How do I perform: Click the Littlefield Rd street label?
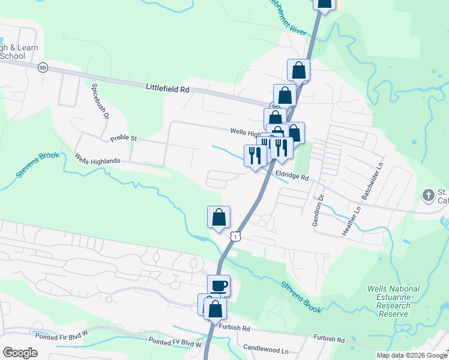click(167, 88)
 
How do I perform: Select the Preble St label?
click(124, 139)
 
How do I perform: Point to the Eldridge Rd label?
click(292, 177)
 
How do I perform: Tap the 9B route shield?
click(42, 67)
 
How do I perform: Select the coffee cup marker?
click(218, 285)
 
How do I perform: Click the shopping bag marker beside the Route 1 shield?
click(218, 217)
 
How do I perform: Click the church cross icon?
click(429, 195)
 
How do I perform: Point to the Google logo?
click(20, 353)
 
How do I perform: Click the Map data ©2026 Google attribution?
click(412, 355)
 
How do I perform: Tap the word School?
click(12, 56)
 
